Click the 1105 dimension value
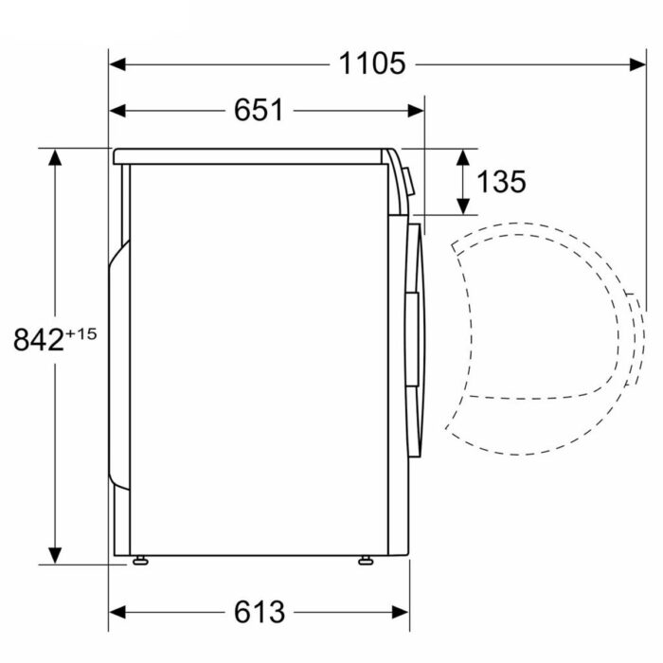[x=372, y=63]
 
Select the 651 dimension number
[x=259, y=110]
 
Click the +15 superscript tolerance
[x=81, y=332]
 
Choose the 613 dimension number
[x=259, y=612]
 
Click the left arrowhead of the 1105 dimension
[x=116, y=64]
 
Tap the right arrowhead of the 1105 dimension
[x=639, y=64]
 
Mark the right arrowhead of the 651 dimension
[x=417, y=110]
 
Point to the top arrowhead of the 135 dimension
[x=463, y=155]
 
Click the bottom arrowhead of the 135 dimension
[x=463, y=207]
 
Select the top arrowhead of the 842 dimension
[x=56, y=155]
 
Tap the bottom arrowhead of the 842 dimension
[x=56, y=556]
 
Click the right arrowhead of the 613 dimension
[x=402, y=613]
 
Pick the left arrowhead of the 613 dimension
[x=116, y=613]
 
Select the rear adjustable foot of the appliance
[x=141, y=561]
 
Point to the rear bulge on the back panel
[x=117, y=360]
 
